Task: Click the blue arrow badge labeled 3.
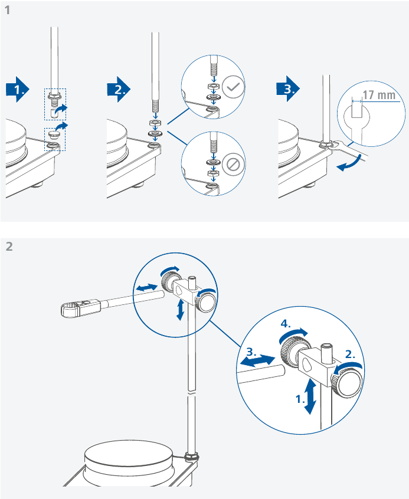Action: point(289,89)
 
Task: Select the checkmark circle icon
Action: point(234,88)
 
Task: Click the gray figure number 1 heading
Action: point(8,10)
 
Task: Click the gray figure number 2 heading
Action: point(9,246)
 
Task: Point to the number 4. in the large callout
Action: point(287,324)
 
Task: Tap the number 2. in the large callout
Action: point(350,354)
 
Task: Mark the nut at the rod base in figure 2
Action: point(191,456)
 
